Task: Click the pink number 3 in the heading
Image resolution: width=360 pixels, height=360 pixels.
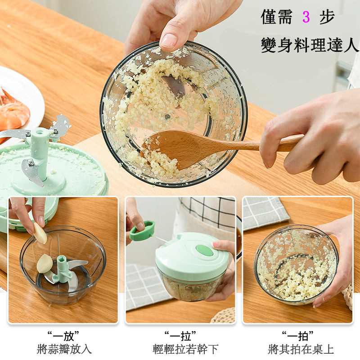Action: tap(306, 18)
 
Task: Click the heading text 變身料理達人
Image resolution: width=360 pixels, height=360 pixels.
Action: tap(310, 45)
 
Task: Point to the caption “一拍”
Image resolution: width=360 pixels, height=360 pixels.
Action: tap(297, 335)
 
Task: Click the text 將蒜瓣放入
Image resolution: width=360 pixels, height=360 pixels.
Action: tap(64, 349)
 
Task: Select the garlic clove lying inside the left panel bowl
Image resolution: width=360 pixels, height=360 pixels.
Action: tap(45, 263)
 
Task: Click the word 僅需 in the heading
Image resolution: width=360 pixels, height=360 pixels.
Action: tap(275, 18)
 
